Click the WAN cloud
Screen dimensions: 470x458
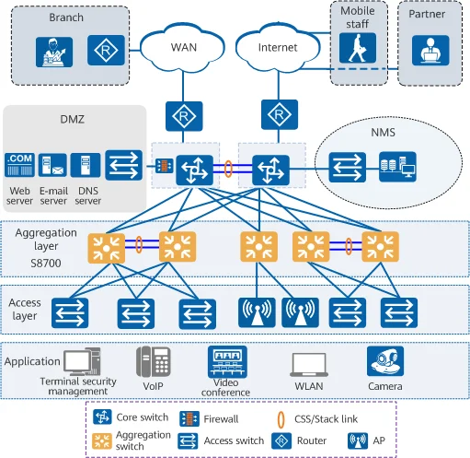[183, 47]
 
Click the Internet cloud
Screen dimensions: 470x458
[278, 47]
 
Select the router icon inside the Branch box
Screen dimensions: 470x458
[106, 50]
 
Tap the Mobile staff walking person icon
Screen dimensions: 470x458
[358, 48]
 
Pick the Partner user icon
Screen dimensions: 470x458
[430, 51]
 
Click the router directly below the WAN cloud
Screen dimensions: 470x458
[184, 116]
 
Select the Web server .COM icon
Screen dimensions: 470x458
[19, 165]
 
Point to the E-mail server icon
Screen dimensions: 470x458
[52, 165]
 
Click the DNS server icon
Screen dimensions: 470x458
[86, 165]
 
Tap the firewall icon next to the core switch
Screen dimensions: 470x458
[165, 166]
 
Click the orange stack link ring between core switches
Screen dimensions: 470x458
[228, 169]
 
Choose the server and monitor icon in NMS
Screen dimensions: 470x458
[397, 167]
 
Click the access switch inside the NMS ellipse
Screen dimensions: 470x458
[348, 168]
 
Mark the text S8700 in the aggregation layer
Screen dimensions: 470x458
[46, 263]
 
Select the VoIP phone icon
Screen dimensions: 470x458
[154, 361]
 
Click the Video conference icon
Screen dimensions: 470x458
[227, 362]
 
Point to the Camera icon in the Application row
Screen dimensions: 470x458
[385, 361]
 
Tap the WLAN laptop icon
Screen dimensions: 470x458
[309, 365]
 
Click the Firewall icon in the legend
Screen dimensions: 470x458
[189, 419]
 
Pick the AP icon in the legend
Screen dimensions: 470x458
[358, 440]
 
